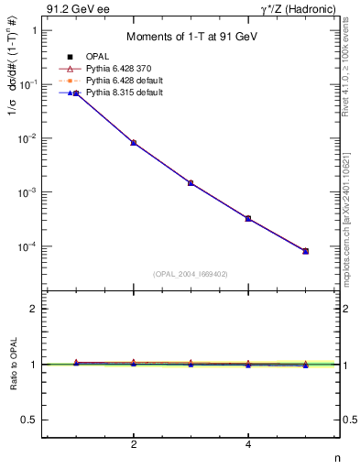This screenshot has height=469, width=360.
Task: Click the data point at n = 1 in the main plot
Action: tap(76, 93)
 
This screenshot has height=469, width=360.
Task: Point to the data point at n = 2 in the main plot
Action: tap(134, 143)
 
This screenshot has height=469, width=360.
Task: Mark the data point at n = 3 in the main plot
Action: tap(191, 183)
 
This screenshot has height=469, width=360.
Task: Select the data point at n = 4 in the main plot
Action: tap(248, 218)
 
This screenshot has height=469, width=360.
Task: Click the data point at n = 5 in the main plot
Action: tap(306, 251)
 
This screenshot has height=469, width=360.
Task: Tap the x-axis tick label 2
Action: tap(134, 445)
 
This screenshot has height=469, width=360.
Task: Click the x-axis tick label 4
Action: tap(248, 445)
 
